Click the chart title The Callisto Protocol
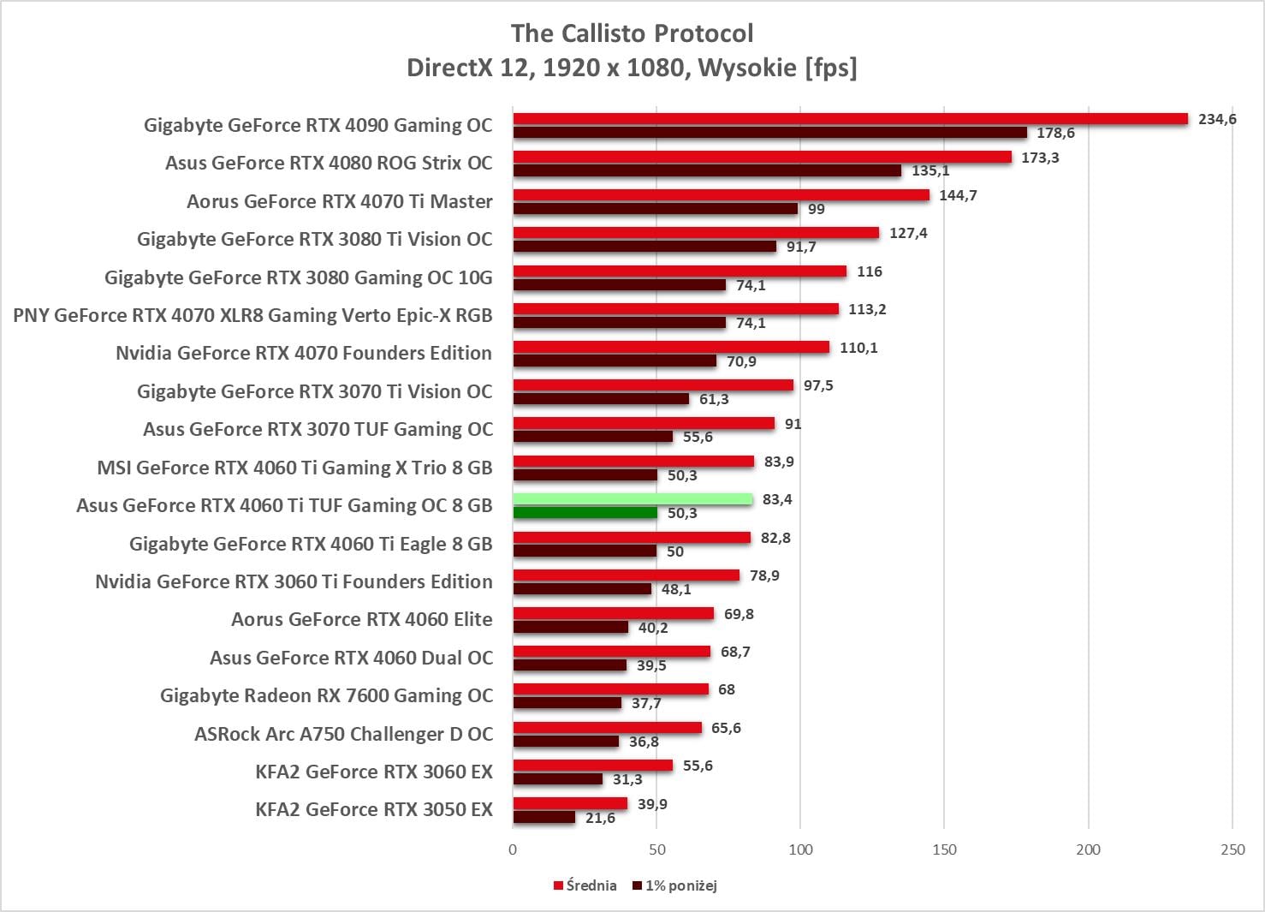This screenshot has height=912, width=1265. [632, 33]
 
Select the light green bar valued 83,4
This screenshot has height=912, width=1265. [632, 499]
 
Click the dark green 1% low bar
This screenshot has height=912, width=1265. [585, 513]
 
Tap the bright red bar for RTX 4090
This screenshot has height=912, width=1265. [850, 119]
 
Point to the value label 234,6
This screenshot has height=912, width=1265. [1217, 119]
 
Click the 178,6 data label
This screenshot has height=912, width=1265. [1055, 133]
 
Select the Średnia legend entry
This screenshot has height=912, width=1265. [585, 885]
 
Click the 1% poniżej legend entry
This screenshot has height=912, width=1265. [675, 885]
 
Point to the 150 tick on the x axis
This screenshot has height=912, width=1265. [944, 849]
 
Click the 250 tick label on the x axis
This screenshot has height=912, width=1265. [1232, 849]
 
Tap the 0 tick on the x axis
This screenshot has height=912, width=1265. [513, 849]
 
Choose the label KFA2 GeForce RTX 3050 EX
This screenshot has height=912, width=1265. [374, 809]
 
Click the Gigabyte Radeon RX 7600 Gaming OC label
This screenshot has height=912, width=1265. [326, 695]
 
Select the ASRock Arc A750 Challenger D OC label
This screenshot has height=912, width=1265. [343, 734]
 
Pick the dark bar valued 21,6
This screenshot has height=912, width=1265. [543, 818]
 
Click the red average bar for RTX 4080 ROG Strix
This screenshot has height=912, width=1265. [762, 158]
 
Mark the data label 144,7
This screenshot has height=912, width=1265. [958, 195]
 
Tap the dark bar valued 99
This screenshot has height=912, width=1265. [655, 209]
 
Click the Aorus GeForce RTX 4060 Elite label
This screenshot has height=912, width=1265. [361, 619]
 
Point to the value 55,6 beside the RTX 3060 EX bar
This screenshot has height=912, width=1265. [698, 766]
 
